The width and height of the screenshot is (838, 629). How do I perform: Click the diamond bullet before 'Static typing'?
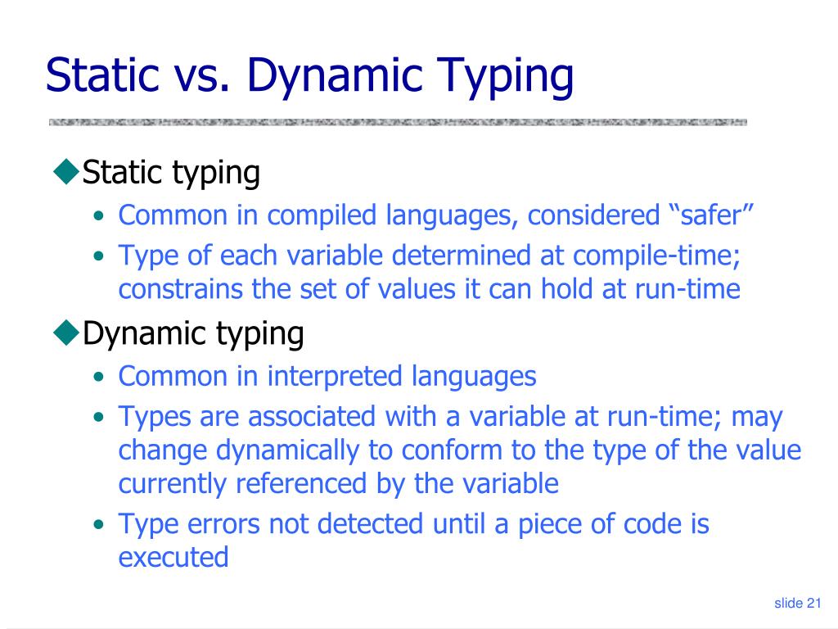tap(65, 172)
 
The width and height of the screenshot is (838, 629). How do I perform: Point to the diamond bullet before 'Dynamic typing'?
tap(65, 333)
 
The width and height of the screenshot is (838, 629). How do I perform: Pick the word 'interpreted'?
tap(335, 377)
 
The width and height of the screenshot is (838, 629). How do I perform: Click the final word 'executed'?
tap(173, 557)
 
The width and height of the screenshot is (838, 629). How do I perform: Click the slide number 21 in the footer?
tap(813, 604)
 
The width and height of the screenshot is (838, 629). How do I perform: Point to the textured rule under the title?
tap(398, 123)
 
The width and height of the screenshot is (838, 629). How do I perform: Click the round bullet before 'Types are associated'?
tap(98, 417)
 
